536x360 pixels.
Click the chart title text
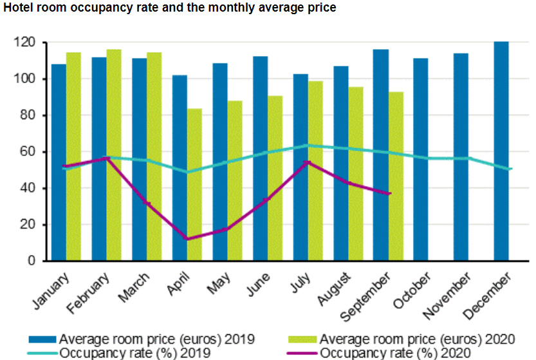point(170,8)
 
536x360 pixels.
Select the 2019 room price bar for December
point(501,151)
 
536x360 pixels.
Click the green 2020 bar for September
point(396,176)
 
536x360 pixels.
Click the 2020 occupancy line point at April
point(187,239)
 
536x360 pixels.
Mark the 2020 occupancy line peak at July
point(308,162)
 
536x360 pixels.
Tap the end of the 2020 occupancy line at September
point(389,193)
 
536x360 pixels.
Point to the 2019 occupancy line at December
point(510,169)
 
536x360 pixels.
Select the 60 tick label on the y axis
point(28,152)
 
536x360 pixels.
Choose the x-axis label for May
point(216,284)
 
